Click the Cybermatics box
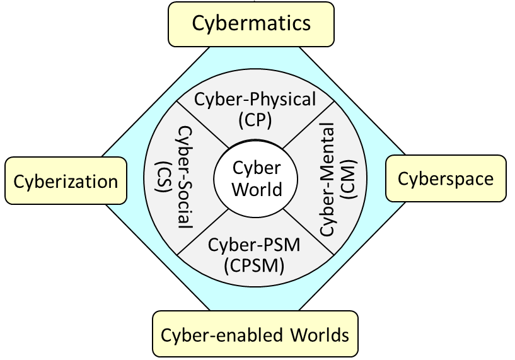click(251, 23)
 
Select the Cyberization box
click(66, 182)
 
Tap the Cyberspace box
click(445, 179)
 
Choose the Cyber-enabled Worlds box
click(255, 334)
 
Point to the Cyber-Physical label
click(255, 99)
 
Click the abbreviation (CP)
click(255, 119)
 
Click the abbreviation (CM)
click(349, 179)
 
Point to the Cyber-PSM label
click(254, 245)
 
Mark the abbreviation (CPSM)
click(254, 265)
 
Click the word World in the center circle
click(257, 189)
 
